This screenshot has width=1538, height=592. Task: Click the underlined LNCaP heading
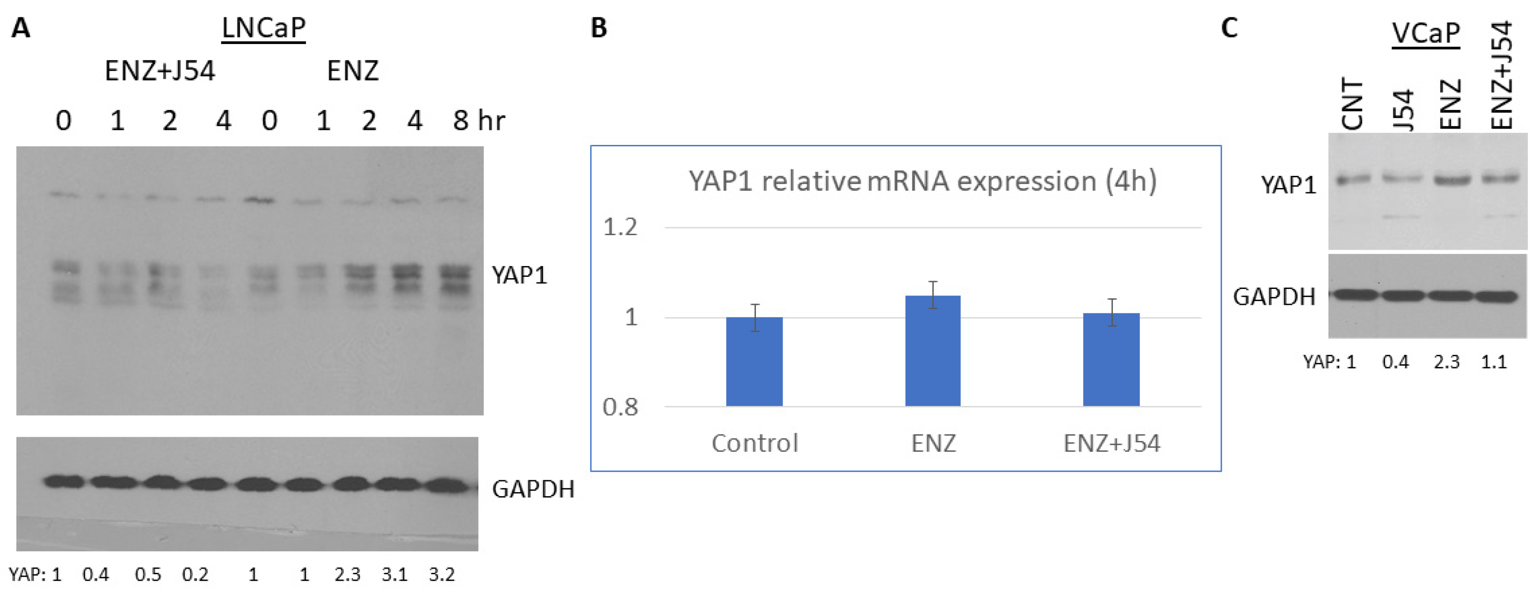(x=263, y=28)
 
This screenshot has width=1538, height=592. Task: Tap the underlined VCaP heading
(x=1425, y=32)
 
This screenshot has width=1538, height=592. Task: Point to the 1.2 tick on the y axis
(x=620, y=227)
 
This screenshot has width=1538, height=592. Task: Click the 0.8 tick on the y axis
(x=620, y=407)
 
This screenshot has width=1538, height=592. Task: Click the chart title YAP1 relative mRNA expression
(x=922, y=181)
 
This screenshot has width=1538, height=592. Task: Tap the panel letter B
(x=599, y=28)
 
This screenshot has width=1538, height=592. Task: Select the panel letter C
(x=1229, y=28)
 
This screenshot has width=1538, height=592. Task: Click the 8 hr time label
(x=478, y=121)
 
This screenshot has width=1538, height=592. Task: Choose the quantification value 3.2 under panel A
(x=442, y=575)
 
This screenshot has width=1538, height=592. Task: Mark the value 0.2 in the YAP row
(x=195, y=575)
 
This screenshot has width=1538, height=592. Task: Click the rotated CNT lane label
(x=1352, y=104)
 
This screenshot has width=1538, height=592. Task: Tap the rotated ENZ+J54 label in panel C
(x=1502, y=75)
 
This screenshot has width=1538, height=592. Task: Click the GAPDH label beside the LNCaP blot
(x=533, y=489)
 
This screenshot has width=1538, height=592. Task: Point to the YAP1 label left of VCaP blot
(x=1288, y=186)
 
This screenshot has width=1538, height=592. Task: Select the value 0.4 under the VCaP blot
(x=1395, y=361)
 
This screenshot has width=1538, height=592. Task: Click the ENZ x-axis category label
(x=933, y=443)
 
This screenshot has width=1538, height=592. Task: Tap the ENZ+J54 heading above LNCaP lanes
(x=160, y=71)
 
